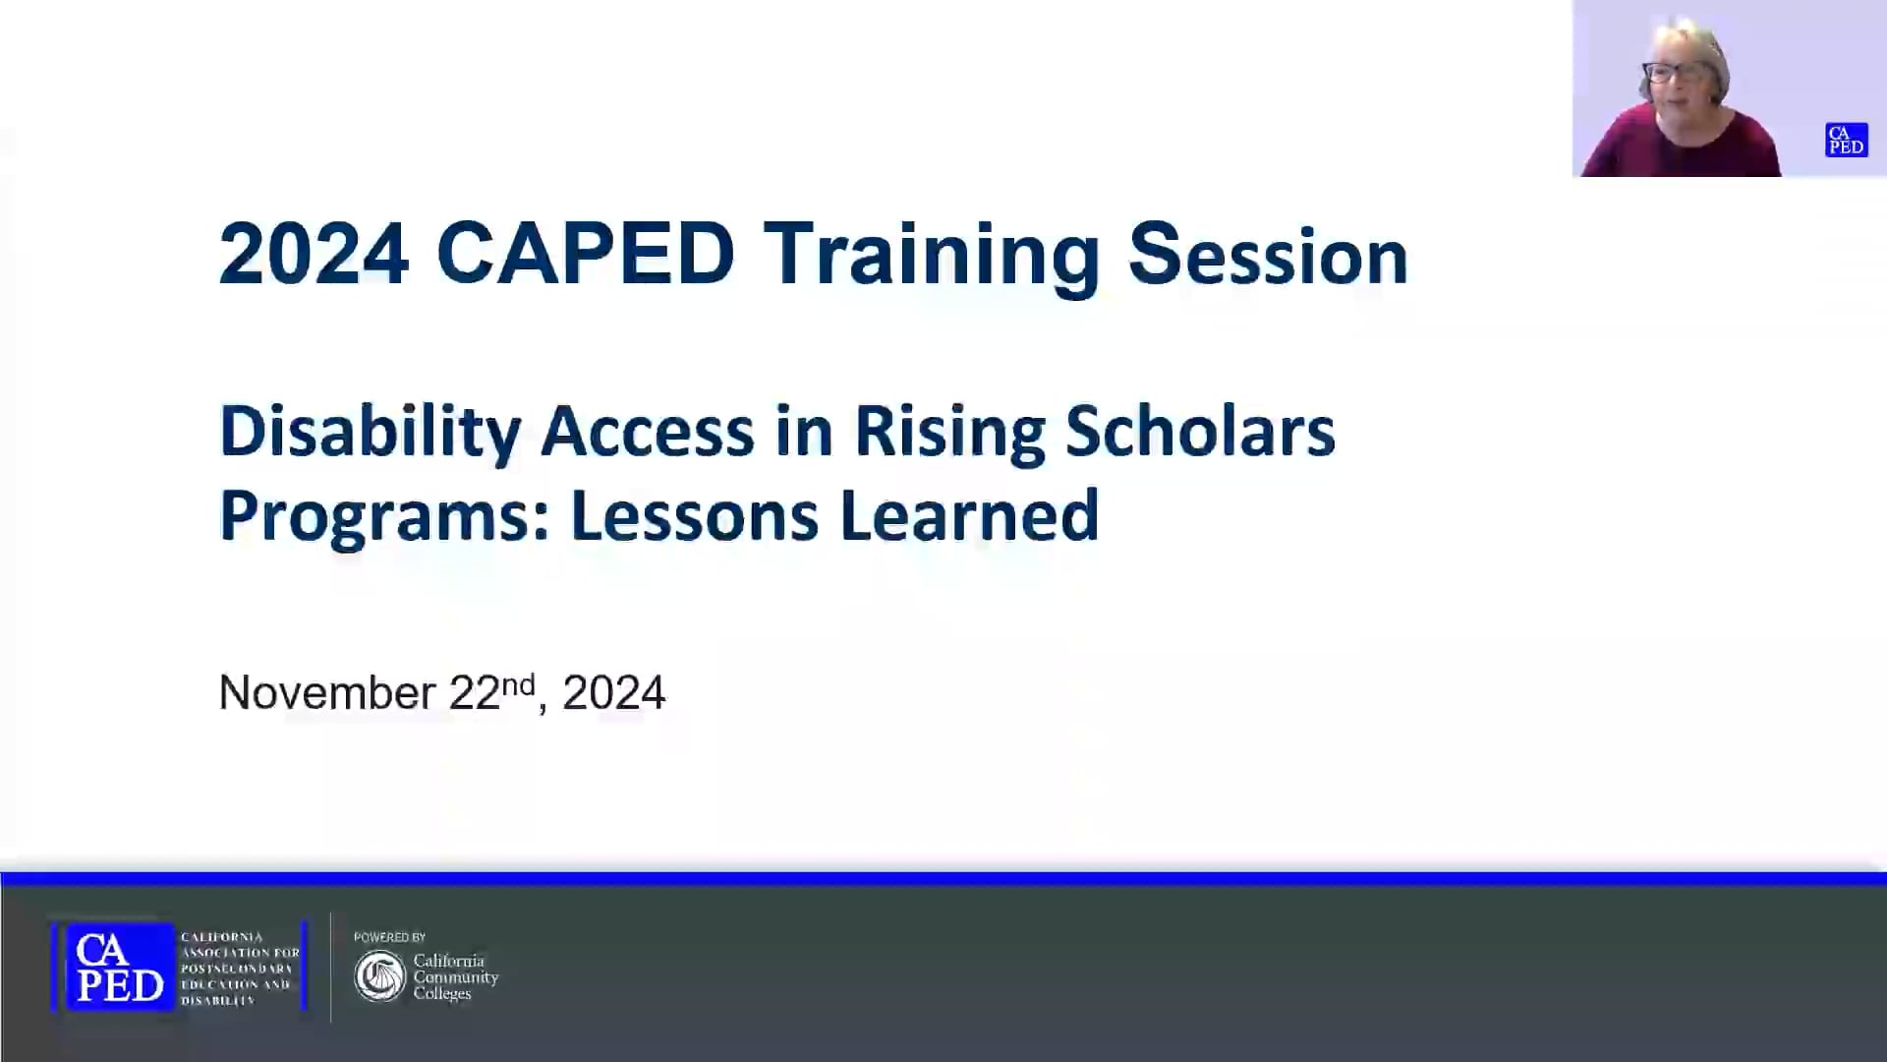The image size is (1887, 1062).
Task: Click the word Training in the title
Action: pyautogui.click(x=931, y=255)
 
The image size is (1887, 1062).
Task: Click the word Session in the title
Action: pyautogui.click(x=1268, y=255)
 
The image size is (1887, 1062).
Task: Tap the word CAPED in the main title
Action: pyautogui.click(x=585, y=255)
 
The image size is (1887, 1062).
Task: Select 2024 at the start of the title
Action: pyautogui.click(x=314, y=255)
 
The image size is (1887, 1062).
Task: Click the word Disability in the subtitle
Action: pyautogui.click(x=369, y=433)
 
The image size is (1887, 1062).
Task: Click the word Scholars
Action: pyautogui.click(x=1200, y=433)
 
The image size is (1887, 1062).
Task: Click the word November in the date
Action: pyautogui.click(x=326, y=693)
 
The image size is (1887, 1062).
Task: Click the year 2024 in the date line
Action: pyautogui.click(x=614, y=693)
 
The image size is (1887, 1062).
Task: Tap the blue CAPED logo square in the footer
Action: pyautogui.click(x=119, y=968)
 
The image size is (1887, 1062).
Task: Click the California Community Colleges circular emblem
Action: pyautogui.click(x=380, y=976)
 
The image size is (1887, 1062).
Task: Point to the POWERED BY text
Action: pyautogui.click(x=389, y=937)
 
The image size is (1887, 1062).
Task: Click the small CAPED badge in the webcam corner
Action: pyautogui.click(x=1846, y=140)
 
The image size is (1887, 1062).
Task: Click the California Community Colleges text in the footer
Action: pyautogui.click(x=455, y=976)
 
